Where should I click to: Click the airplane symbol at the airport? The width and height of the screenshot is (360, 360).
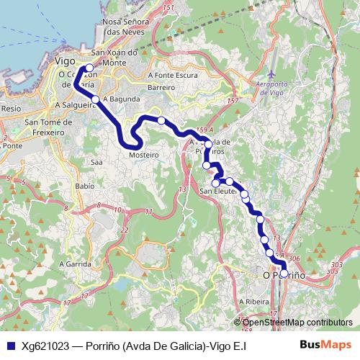[270, 74]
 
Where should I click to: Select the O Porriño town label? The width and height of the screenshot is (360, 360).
[284, 275]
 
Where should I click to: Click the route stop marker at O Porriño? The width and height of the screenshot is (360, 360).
[284, 274]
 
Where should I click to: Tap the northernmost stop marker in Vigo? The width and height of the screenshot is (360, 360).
[89, 68]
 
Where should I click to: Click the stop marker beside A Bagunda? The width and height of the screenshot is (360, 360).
[95, 99]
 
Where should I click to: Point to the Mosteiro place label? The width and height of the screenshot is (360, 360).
[143, 155]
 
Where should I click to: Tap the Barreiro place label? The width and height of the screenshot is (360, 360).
[161, 87]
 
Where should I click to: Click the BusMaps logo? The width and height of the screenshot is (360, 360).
[326, 345]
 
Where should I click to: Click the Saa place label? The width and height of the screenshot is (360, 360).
[96, 163]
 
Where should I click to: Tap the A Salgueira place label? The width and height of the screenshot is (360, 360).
[74, 104]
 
